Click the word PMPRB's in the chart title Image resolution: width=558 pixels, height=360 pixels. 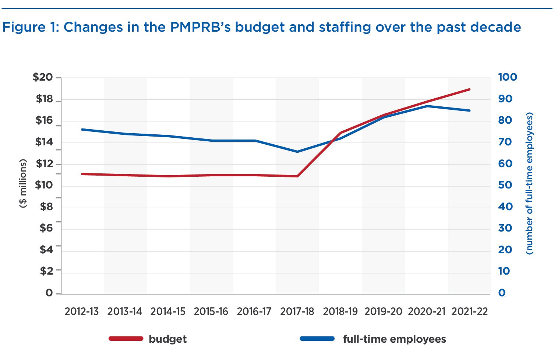(200, 27)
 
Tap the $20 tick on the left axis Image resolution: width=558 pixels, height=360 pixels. (43, 77)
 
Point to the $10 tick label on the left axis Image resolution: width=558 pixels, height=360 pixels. (43, 185)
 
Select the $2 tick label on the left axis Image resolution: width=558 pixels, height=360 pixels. (46, 271)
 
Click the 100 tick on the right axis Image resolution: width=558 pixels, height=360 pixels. (508, 77)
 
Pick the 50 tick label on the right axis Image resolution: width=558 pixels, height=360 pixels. (505, 185)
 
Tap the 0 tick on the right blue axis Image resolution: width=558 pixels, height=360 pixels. (502, 293)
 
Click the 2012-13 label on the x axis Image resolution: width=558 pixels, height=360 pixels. (82, 312)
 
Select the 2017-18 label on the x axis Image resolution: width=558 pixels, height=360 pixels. (297, 312)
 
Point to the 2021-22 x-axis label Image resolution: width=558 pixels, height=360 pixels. (469, 312)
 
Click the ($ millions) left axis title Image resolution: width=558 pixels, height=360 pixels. (23, 183)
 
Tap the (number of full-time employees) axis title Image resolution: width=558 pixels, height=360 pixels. (529, 183)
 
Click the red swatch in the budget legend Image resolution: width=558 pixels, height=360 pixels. (126, 339)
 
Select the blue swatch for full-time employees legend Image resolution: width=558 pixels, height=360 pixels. (317, 339)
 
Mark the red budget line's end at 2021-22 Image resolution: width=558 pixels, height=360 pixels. (469, 89)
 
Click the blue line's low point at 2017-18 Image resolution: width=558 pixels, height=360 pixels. (297, 152)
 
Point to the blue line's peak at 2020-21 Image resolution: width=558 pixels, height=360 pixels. (427, 106)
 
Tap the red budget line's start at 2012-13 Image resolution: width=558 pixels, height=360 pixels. (82, 174)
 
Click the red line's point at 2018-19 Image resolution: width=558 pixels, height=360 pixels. (340, 133)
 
